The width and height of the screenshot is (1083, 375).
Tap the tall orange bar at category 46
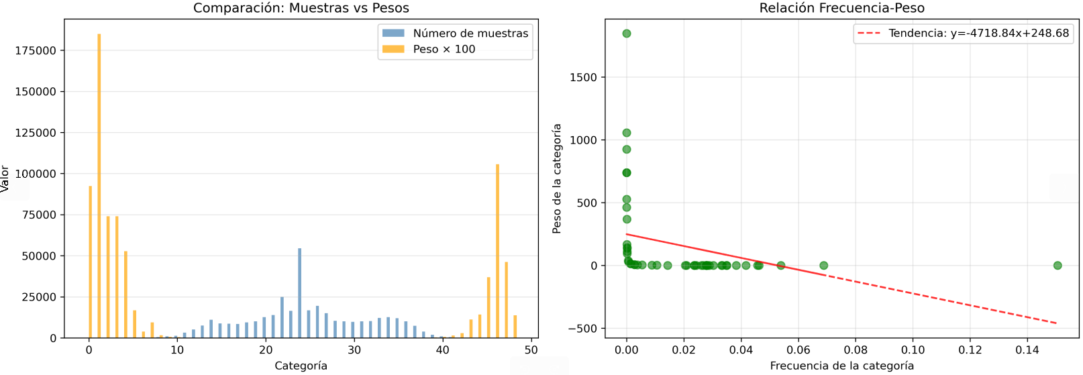click(x=497, y=251)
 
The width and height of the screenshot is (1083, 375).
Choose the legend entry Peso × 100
click(x=444, y=49)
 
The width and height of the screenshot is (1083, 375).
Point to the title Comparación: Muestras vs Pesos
click(x=301, y=8)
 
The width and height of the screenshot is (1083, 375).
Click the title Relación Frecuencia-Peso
click(x=841, y=8)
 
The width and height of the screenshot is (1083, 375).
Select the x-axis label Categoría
click(x=301, y=366)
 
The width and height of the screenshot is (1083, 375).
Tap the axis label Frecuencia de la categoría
click(x=841, y=366)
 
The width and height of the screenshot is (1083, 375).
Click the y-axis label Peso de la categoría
click(x=556, y=178)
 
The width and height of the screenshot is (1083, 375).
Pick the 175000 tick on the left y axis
click(x=36, y=50)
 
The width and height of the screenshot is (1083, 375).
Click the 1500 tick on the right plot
click(x=583, y=77)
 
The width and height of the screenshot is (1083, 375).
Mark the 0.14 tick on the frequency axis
click(x=1027, y=350)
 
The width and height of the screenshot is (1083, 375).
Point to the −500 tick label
click(x=582, y=329)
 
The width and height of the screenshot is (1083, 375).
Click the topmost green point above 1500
click(x=627, y=34)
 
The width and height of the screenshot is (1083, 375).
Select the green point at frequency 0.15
click(x=1058, y=266)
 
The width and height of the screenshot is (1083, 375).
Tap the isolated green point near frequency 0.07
click(x=824, y=266)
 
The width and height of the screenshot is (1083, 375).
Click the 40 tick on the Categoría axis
click(x=443, y=350)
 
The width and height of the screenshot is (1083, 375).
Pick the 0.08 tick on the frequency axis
click(x=856, y=350)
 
